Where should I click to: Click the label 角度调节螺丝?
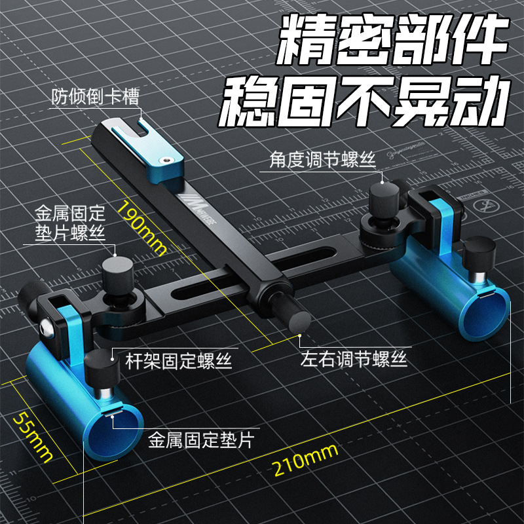323,159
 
